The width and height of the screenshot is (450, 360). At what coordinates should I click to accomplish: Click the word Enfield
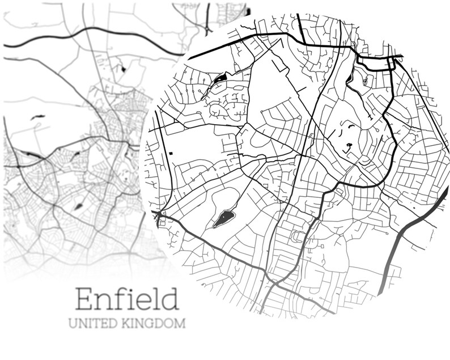[x=128, y=299]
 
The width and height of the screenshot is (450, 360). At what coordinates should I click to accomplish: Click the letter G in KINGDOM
[x=149, y=324]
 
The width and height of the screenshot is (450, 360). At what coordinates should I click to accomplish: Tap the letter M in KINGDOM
[x=180, y=324]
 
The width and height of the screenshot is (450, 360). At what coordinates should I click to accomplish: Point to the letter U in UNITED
[x=72, y=324]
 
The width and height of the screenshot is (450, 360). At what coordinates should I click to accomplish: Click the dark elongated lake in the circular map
[x=224, y=218]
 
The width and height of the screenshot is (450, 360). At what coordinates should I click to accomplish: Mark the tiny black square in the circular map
[x=170, y=154]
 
